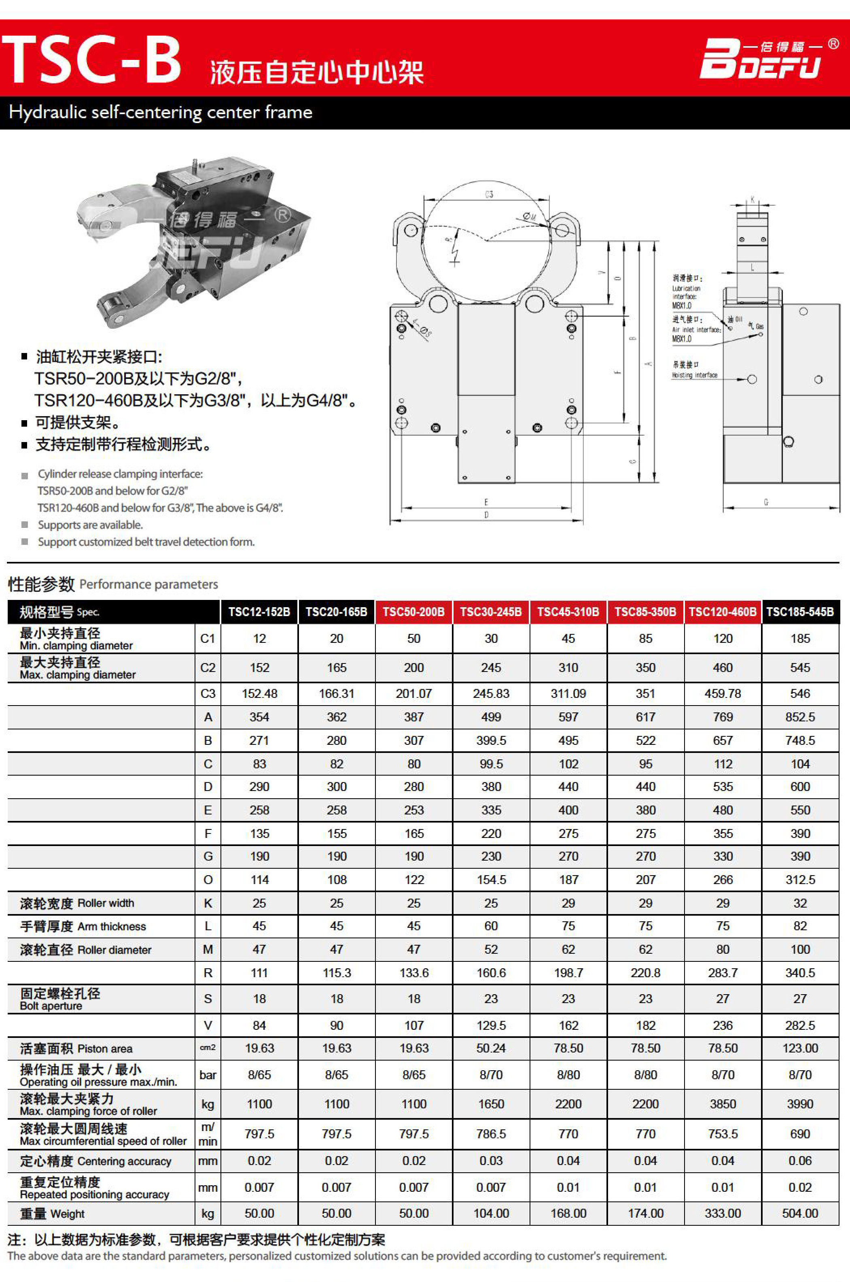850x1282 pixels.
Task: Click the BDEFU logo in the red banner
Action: coord(767,59)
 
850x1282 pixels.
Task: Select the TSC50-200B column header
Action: coord(413,612)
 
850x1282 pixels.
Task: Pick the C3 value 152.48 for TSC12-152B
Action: coord(259,693)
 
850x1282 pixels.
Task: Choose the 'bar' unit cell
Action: coord(208,1075)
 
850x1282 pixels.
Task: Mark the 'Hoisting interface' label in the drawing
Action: coord(694,375)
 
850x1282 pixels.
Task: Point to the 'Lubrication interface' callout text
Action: coord(686,292)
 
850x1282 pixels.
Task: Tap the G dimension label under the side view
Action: coord(766,502)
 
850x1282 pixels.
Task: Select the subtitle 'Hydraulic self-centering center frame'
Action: coord(161,112)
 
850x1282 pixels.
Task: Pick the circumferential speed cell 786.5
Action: coord(491,1134)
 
